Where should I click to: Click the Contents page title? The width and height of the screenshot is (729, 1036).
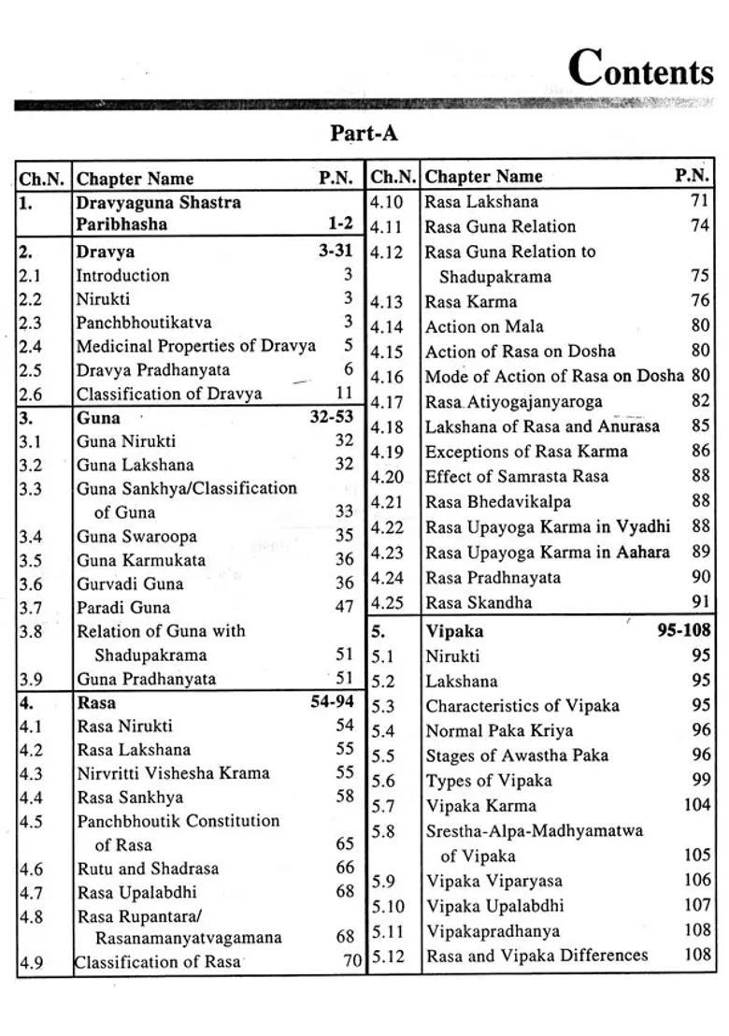click(640, 69)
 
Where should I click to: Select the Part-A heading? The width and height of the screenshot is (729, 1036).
click(364, 134)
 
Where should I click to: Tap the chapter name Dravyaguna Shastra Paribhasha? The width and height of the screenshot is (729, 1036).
click(158, 213)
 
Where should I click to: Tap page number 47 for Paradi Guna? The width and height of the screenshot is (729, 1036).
click(344, 607)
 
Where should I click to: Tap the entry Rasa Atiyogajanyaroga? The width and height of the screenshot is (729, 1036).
click(513, 402)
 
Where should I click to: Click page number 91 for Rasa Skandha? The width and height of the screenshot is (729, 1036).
click(700, 602)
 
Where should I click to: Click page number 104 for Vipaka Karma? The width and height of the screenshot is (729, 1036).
click(696, 805)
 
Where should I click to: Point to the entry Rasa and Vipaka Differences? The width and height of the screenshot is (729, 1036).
click(536, 956)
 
